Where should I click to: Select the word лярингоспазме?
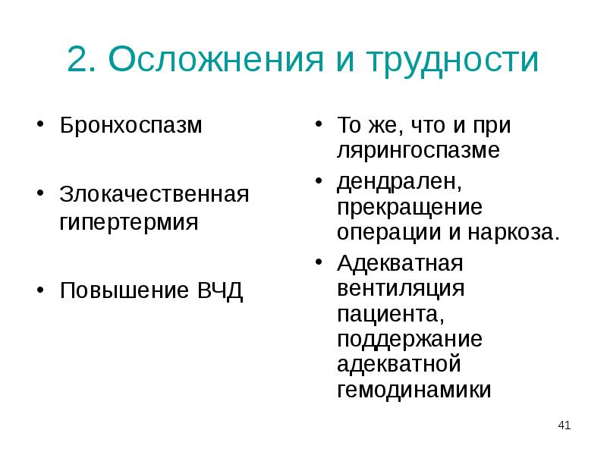tap(419, 150)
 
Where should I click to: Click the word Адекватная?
tap(400, 264)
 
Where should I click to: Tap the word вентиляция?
tap(401, 289)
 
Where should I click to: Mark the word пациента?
tap(388, 314)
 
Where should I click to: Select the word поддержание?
tap(410, 339)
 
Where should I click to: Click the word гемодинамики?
tap(414, 390)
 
